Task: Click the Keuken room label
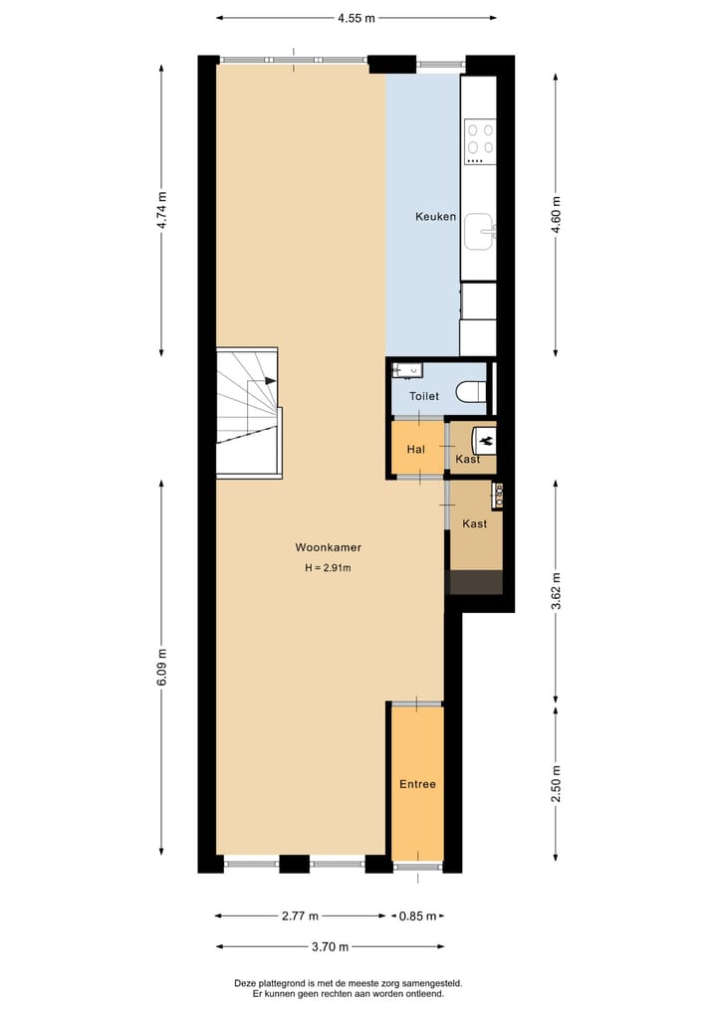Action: pyautogui.click(x=435, y=217)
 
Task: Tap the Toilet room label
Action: pyautogui.click(x=424, y=396)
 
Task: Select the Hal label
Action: pyautogui.click(x=415, y=450)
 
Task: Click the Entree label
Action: pyautogui.click(x=417, y=784)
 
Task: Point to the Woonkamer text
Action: pyautogui.click(x=328, y=547)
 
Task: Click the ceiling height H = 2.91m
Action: pyautogui.click(x=328, y=569)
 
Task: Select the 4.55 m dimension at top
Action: pyautogui.click(x=356, y=18)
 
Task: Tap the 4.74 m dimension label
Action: pyautogui.click(x=162, y=210)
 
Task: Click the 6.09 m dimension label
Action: pyautogui.click(x=162, y=667)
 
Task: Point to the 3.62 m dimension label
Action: pyautogui.click(x=556, y=592)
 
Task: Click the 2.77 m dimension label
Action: pyautogui.click(x=300, y=916)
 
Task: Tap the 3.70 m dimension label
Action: pyautogui.click(x=329, y=946)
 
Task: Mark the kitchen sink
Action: pyautogui.click(x=481, y=231)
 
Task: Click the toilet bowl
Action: pyautogui.click(x=471, y=392)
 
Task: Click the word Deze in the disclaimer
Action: pyautogui.click(x=245, y=983)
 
